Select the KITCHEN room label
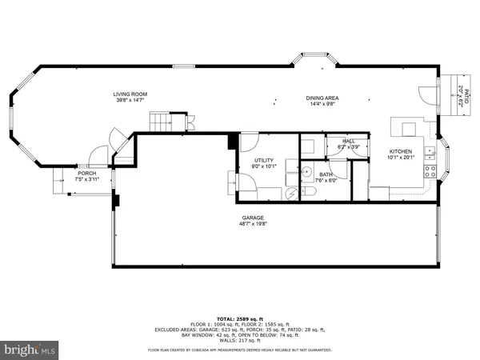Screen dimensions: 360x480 [x=401, y=151]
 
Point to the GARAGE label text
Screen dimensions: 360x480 [x=254, y=218]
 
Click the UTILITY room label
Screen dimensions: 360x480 [x=265, y=161]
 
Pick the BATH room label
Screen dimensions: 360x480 [x=326, y=174]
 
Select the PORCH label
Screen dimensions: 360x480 [x=86, y=174]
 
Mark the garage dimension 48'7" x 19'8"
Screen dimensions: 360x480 [x=254, y=224]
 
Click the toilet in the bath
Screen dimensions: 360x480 [x=291, y=192]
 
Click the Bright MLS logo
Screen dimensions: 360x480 [x=30, y=350]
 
